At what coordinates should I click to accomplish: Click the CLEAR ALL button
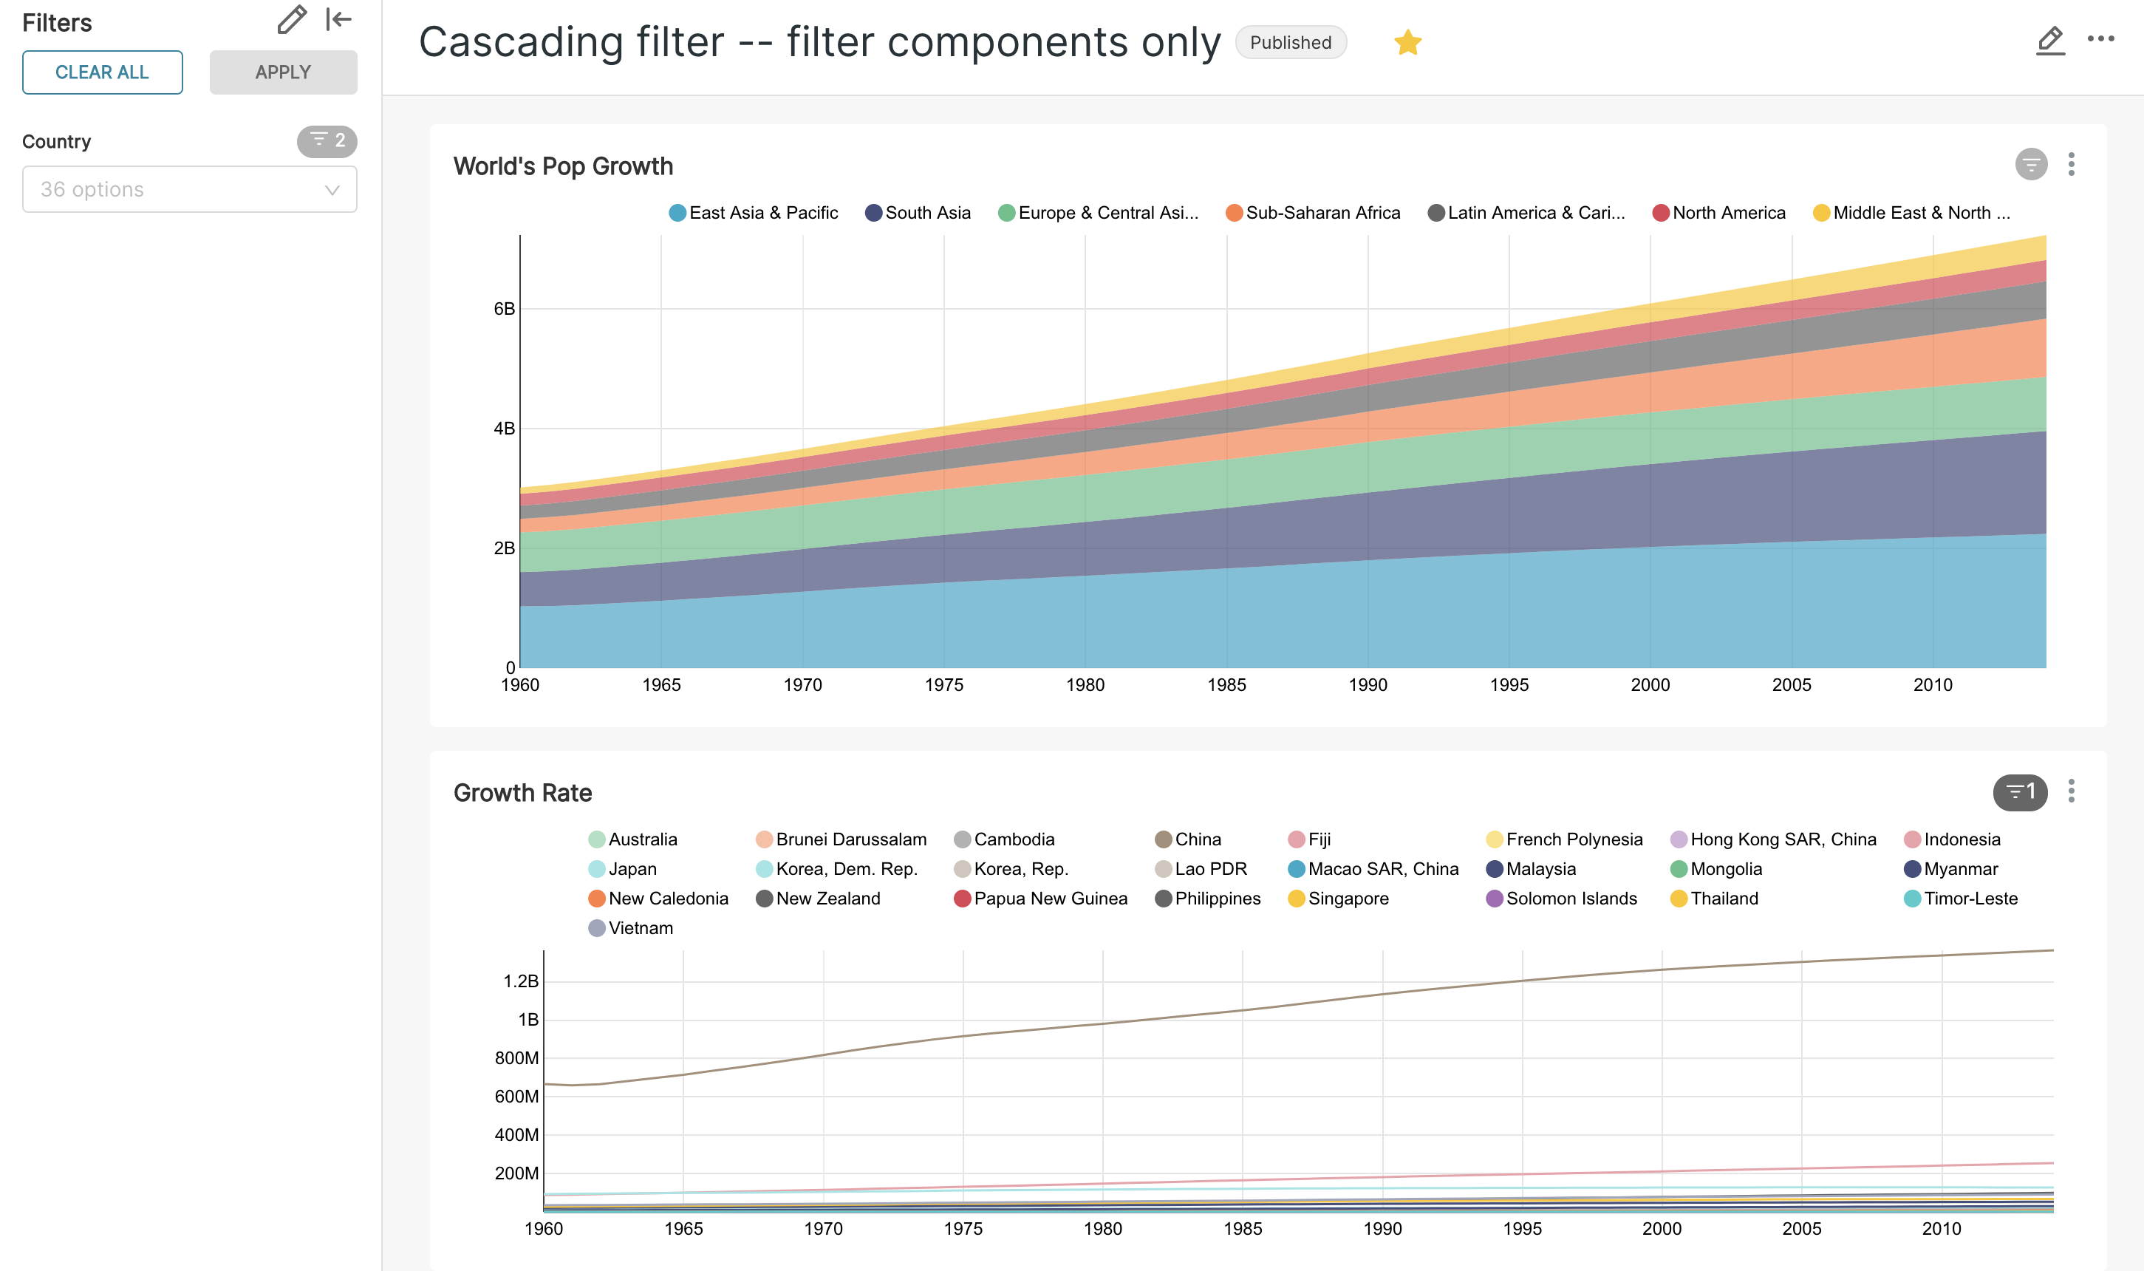[102, 72]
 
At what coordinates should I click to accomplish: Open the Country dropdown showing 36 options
[189, 189]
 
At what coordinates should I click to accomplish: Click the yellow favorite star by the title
[1407, 42]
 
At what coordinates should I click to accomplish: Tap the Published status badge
[1291, 42]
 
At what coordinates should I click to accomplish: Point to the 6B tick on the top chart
[505, 308]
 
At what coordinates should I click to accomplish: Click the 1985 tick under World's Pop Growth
[1226, 684]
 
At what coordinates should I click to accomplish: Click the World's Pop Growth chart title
[562, 166]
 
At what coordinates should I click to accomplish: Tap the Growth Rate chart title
[522, 792]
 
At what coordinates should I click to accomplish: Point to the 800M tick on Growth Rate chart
[516, 1057]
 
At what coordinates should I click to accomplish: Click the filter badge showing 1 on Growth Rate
[2020, 791]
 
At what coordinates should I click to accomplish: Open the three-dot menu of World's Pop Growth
[2071, 165]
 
